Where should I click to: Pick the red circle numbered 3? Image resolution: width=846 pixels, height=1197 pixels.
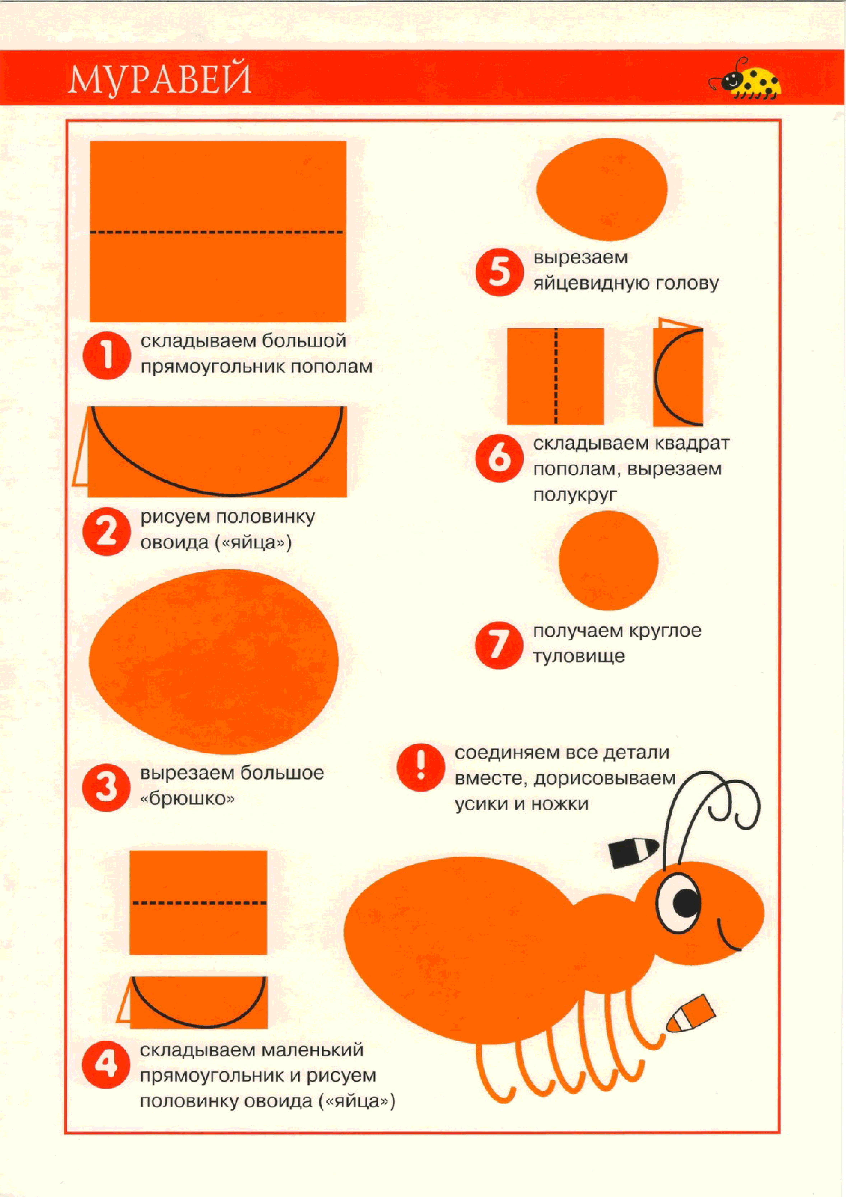coord(106,787)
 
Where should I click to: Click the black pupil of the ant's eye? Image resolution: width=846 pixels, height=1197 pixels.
coord(686,902)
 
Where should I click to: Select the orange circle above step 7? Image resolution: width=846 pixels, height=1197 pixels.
coord(608,561)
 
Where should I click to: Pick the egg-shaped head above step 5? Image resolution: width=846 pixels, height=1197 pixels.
coord(602,189)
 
